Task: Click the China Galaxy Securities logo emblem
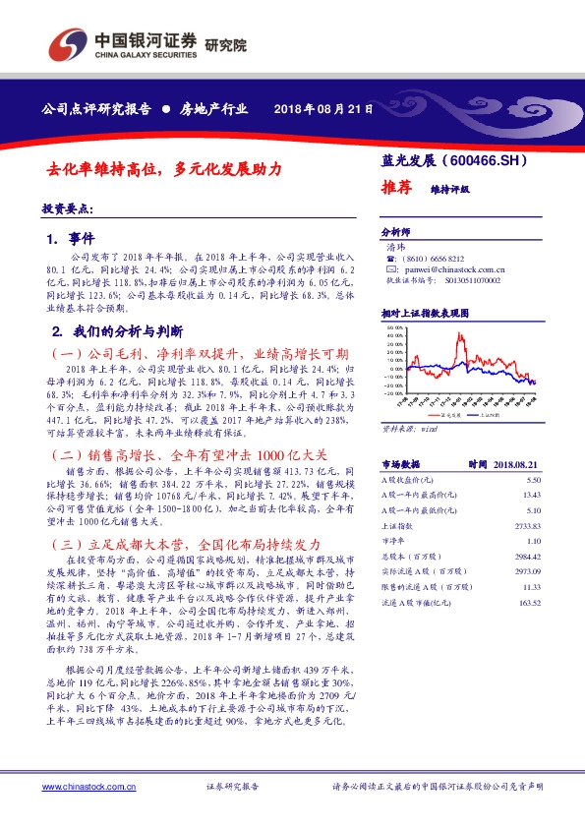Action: [68, 44]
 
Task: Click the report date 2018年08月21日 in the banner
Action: [323, 109]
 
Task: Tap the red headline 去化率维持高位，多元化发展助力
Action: [165, 169]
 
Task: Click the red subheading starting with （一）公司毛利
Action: [198, 353]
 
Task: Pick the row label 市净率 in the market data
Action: [393, 542]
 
